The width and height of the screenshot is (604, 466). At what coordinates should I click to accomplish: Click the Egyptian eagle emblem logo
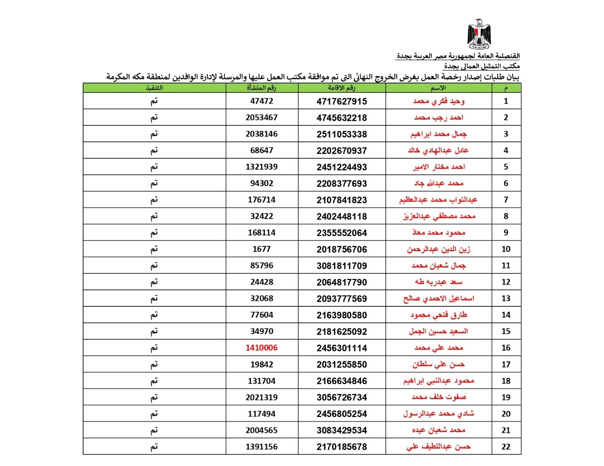tap(479, 34)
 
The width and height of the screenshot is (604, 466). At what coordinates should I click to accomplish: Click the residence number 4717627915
tap(342, 101)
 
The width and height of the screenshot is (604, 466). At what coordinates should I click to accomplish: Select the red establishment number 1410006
tap(261, 348)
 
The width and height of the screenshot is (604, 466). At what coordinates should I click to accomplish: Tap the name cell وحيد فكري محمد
tap(438, 101)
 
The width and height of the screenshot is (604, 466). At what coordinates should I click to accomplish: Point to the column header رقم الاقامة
tap(342, 88)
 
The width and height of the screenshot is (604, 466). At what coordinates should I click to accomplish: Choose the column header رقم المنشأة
tap(261, 88)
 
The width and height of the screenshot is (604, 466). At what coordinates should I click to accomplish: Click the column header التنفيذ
tap(154, 88)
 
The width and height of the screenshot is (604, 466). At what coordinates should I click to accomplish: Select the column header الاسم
tap(438, 88)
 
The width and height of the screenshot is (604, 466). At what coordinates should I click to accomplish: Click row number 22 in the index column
tap(506, 447)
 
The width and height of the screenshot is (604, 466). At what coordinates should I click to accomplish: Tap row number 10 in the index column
tap(506, 249)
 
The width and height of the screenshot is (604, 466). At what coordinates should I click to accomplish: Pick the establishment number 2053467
tap(261, 117)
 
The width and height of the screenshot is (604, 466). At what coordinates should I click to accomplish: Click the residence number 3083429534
tap(342, 430)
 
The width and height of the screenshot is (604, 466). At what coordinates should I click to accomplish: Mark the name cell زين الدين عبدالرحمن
tap(438, 249)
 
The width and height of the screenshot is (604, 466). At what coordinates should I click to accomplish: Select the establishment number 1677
tap(261, 249)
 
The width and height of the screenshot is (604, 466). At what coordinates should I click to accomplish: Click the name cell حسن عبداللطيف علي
tap(438, 447)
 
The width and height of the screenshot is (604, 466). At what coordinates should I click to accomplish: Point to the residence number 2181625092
tap(342, 331)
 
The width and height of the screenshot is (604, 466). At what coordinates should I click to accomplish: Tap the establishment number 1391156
tap(261, 447)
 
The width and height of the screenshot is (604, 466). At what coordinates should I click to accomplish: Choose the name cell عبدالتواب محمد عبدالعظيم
tap(438, 200)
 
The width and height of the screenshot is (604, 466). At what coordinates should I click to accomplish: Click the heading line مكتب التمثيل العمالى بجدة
tap(481, 66)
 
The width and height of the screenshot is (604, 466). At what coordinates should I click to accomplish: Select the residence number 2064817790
tap(342, 282)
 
